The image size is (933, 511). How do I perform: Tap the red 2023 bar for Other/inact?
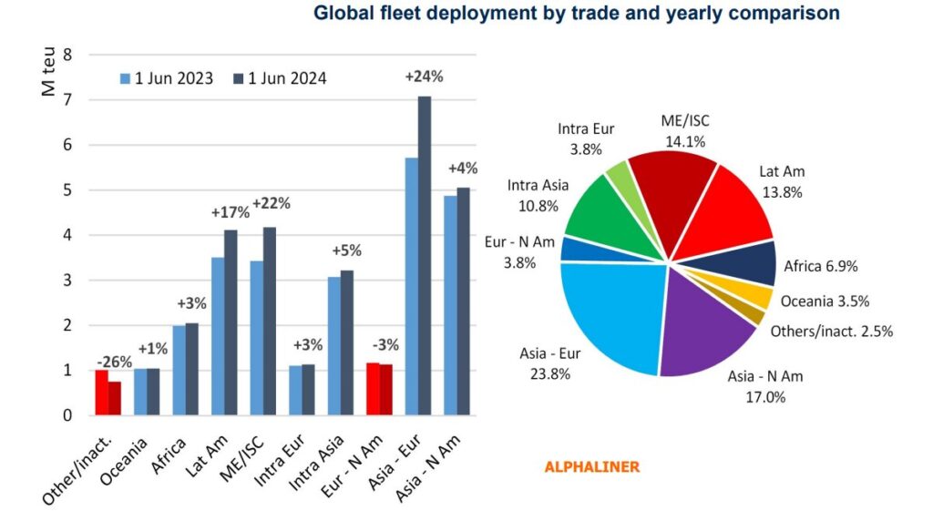pos(101,393)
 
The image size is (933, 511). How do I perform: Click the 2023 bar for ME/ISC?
pos(257,338)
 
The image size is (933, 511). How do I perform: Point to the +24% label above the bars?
pos(424,77)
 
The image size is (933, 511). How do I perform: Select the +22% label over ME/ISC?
pos(271,203)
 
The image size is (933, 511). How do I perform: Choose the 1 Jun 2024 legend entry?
pos(280,78)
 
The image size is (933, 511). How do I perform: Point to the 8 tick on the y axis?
pos(67,55)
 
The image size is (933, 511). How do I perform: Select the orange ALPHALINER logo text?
pos(591,466)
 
